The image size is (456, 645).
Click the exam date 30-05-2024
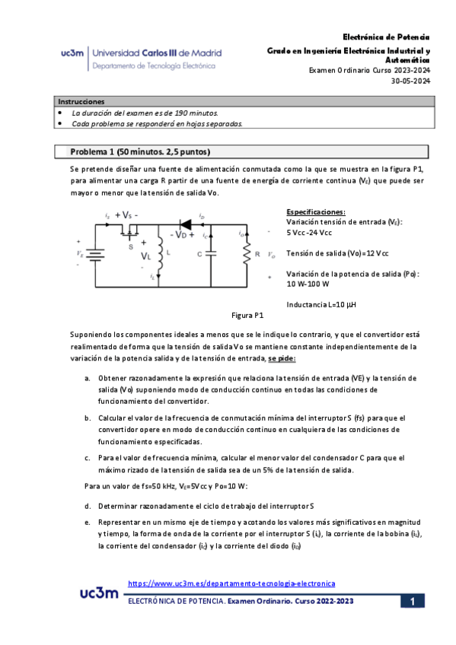click(x=410, y=81)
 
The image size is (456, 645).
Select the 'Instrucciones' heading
click(x=82, y=101)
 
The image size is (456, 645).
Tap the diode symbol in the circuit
click(x=184, y=224)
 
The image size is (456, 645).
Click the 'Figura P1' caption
click(x=247, y=314)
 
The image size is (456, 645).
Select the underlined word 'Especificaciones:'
click(x=316, y=211)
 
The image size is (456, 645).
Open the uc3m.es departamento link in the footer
click(x=231, y=583)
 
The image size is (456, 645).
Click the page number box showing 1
click(x=411, y=602)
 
